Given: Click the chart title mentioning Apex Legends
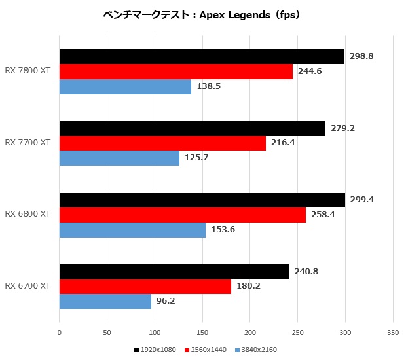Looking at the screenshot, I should click(202, 14).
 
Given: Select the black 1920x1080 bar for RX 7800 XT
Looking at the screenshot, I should click(202, 57).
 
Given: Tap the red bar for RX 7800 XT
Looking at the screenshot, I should click(176, 72).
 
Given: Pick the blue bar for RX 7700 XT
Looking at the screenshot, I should click(119, 158).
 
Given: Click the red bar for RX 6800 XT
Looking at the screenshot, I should click(183, 215).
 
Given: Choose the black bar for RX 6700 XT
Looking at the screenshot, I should click(174, 272).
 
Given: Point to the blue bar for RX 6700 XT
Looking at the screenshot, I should click(105, 302).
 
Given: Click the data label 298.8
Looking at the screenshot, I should click(361, 56).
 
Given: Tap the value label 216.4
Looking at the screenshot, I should click(282, 143).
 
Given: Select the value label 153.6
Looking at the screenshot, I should click(222, 230).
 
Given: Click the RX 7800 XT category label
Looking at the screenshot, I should click(28, 71).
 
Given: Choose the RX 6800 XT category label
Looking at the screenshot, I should click(28, 214).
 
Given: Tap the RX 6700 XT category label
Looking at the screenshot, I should click(28, 286).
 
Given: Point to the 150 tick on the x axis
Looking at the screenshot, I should click(202, 333).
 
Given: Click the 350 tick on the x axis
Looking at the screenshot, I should click(392, 333).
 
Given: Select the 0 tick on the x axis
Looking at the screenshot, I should click(60, 333).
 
